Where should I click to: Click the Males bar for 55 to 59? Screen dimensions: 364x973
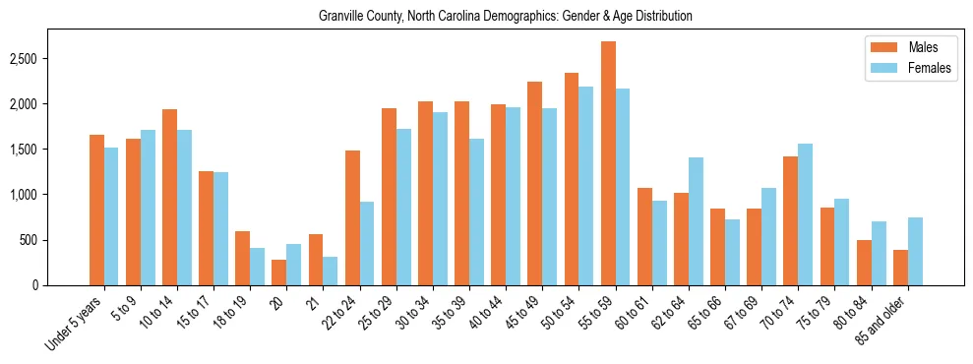(608, 163)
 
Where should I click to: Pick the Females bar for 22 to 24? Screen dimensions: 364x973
(367, 244)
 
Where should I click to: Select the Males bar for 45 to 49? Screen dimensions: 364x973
(535, 183)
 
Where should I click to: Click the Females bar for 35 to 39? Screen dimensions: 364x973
(476, 212)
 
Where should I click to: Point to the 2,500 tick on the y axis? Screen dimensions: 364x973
(49, 59)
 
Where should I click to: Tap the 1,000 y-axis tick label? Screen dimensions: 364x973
(49, 195)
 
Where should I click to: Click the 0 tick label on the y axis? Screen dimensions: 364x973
(60, 285)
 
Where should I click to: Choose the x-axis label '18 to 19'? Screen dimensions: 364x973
(231, 310)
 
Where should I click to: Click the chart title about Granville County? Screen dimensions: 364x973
(506, 16)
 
